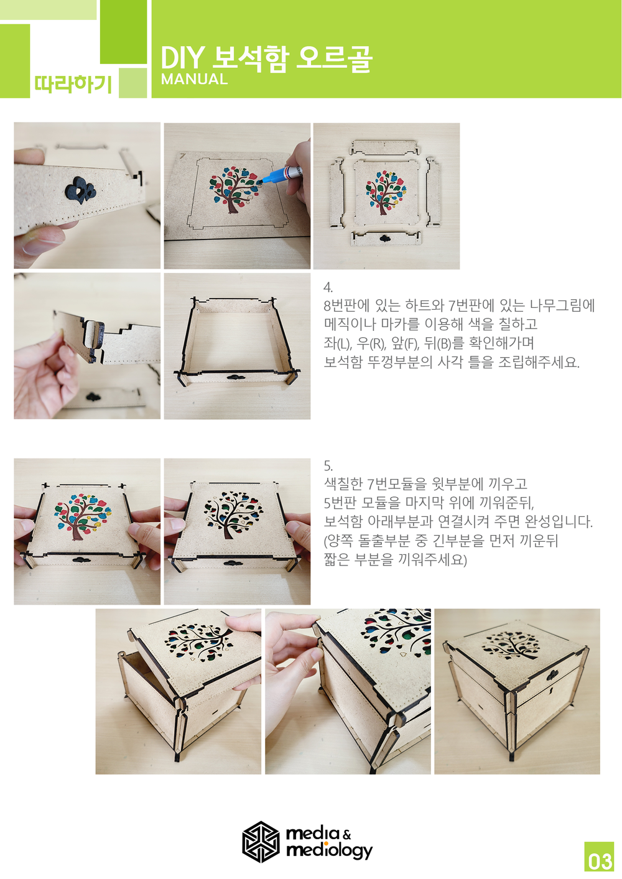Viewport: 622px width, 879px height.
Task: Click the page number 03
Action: point(599,862)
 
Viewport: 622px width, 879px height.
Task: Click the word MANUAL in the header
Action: point(194,79)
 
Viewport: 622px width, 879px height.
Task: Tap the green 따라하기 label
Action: point(73,83)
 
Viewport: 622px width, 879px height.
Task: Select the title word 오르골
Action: point(333,59)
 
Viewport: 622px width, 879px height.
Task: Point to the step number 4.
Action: point(328,287)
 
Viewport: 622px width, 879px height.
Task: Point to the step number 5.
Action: point(328,466)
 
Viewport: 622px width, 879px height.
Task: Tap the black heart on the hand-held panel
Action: point(80,190)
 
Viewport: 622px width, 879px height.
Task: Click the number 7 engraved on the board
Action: point(182,156)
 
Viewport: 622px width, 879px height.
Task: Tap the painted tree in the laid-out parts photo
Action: point(386,192)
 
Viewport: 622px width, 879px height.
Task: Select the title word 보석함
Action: point(249,59)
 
